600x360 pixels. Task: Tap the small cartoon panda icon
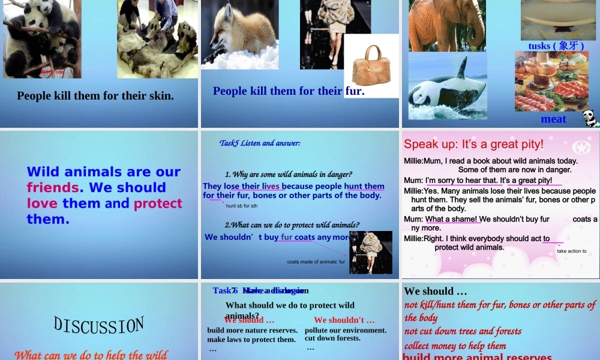[590, 118]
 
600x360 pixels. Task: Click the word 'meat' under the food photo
[553, 119]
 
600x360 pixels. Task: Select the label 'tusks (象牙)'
[556, 46]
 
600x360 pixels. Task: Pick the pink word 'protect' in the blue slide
[158, 203]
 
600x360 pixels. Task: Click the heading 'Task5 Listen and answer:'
[260, 143]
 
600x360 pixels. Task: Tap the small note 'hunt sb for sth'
[242, 206]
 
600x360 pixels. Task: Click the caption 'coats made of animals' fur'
[316, 262]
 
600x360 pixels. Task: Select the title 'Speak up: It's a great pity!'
[473, 144]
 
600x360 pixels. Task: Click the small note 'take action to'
[572, 251]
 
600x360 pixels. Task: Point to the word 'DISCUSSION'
[99, 326]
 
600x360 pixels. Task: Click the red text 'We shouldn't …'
[344, 320]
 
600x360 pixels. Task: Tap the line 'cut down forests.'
[332, 338]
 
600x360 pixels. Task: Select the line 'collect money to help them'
[455, 346]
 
